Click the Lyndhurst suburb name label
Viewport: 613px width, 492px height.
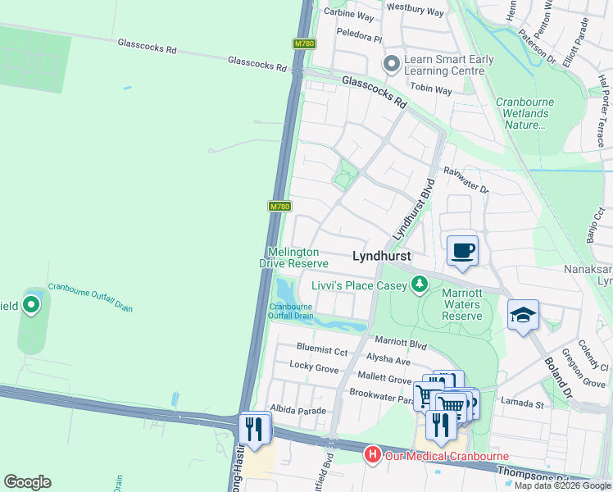tap(381, 256)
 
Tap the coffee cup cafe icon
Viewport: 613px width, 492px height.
tap(462, 249)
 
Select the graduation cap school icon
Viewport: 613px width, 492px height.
tap(523, 315)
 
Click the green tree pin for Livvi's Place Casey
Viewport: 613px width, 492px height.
tap(420, 284)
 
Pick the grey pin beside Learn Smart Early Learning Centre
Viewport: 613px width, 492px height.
tap(392, 63)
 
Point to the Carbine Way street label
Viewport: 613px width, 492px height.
tap(349, 16)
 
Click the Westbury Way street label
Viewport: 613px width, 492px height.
tap(415, 12)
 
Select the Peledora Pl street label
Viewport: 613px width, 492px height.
tap(359, 38)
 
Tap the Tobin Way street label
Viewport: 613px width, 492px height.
tap(431, 90)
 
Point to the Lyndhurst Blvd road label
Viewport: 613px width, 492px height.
tap(412, 210)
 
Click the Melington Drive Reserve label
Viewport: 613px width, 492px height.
tap(293, 257)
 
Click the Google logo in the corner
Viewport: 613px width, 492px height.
tap(27, 481)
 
